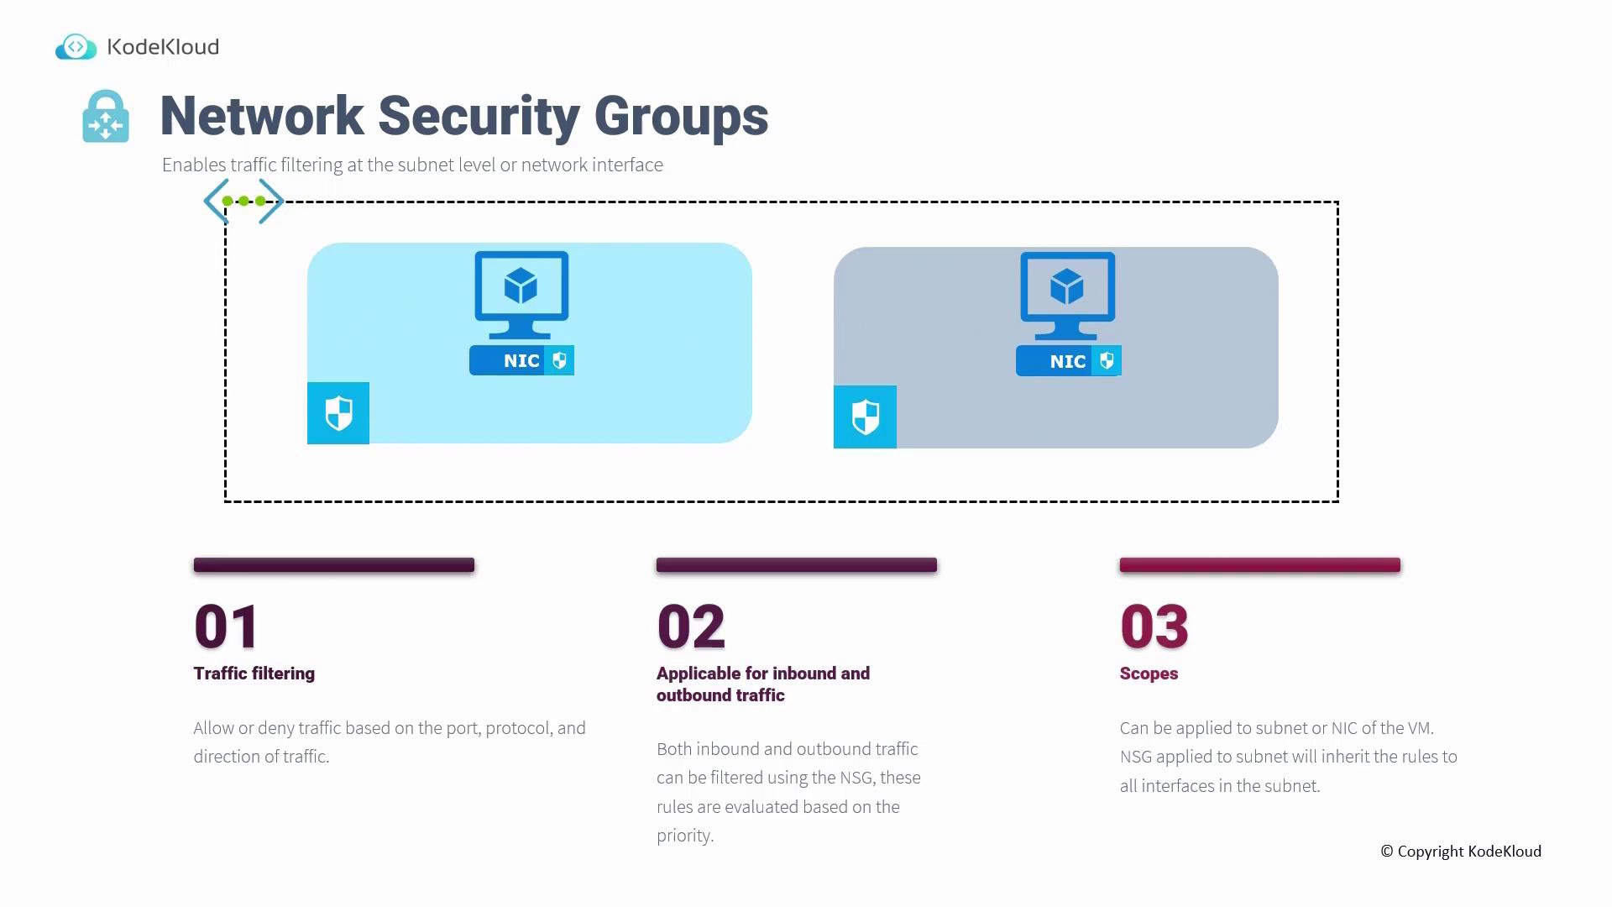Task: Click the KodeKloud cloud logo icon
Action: (x=76, y=47)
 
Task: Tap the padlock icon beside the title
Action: (x=106, y=116)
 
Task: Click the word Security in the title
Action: (x=479, y=116)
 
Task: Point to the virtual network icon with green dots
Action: (x=243, y=201)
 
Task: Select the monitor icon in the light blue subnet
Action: (x=521, y=295)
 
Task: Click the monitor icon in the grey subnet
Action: (x=1068, y=296)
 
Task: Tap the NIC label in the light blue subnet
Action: (x=521, y=360)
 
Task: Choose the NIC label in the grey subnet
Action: (x=1068, y=361)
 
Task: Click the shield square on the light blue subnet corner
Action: (x=338, y=413)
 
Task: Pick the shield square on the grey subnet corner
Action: (x=865, y=417)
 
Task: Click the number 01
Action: (x=226, y=627)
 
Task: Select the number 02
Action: (x=691, y=627)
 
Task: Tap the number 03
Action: (x=1154, y=627)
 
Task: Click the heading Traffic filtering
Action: (x=254, y=674)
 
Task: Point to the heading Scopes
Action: (x=1149, y=674)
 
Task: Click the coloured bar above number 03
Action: (x=1260, y=565)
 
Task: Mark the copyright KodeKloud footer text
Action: (x=1461, y=852)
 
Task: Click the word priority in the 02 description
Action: (x=685, y=836)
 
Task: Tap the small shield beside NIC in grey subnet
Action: (x=1107, y=361)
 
